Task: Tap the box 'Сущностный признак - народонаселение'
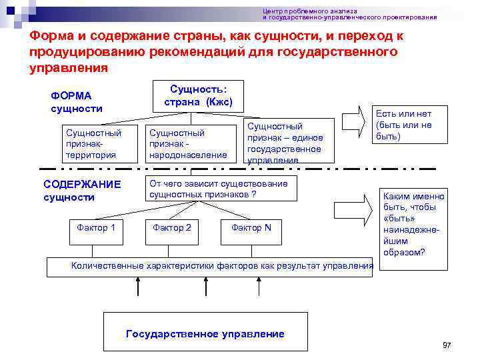[189, 143]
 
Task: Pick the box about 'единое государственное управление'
[285, 142]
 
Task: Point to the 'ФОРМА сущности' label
[76, 102]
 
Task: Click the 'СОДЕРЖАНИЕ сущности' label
[81, 191]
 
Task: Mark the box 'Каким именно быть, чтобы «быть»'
[413, 224]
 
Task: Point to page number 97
[447, 345]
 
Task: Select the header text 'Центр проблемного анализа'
[310, 11]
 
